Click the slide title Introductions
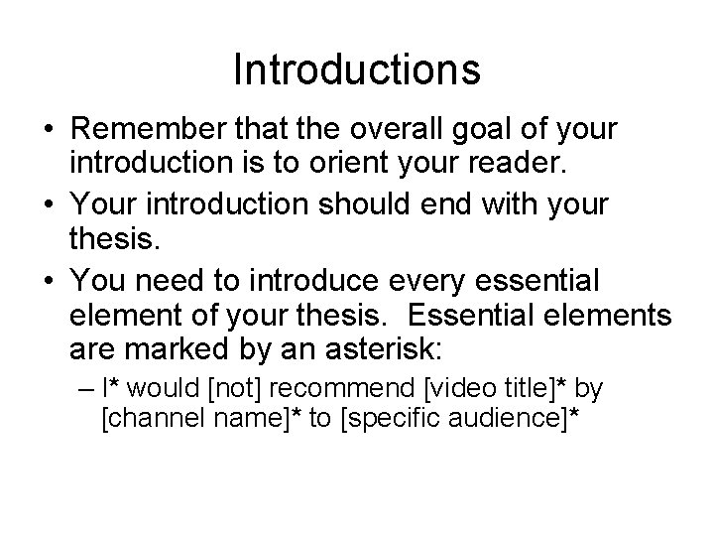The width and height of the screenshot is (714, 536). point(357,70)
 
